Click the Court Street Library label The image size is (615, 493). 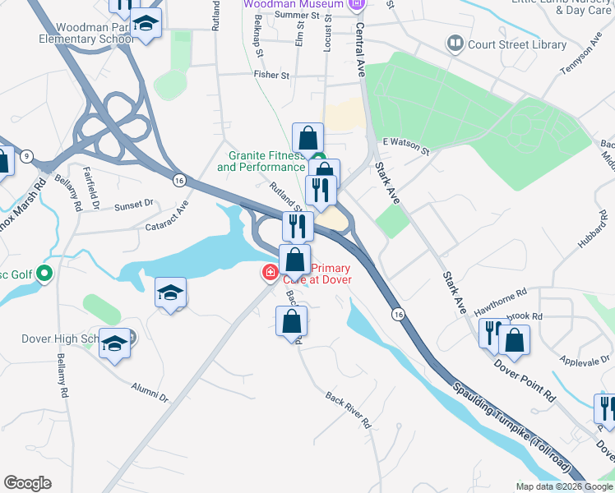(x=516, y=44)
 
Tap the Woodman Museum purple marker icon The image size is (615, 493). (x=356, y=5)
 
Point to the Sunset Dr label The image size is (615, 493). (x=134, y=203)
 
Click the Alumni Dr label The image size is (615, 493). (x=150, y=391)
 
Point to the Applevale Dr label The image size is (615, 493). (x=582, y=361)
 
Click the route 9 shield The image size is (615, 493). (x=27, y=156)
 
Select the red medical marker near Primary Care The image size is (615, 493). (x=269, y=272)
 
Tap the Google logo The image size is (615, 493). (x=28, y=483)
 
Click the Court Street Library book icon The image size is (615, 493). (x=455, y=42)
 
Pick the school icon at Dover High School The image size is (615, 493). (x=114, y=345)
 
